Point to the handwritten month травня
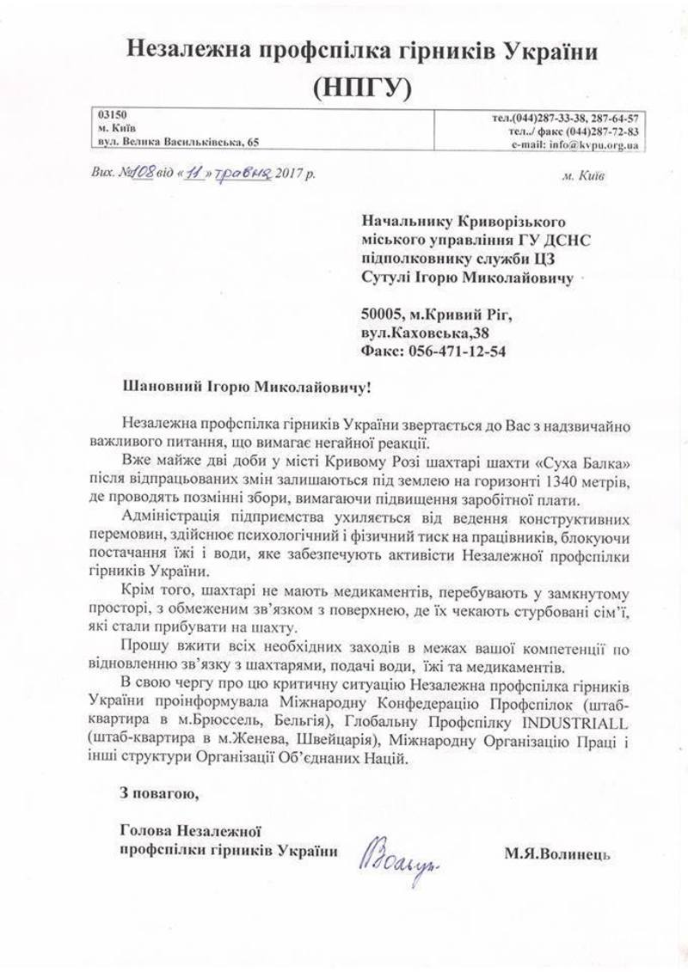tap(242, 173)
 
